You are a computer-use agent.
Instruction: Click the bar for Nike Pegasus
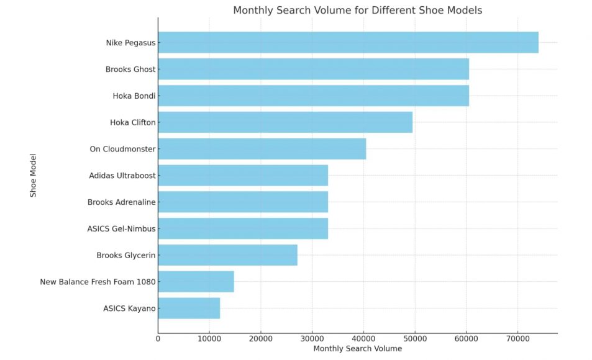[348, 43]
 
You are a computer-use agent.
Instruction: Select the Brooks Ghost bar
[313, 70]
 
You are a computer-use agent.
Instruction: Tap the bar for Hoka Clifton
[285, 122]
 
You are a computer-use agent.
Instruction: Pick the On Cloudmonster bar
[262, 149]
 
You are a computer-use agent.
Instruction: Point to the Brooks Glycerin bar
[227, 255]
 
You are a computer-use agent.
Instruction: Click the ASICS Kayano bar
[189, 308]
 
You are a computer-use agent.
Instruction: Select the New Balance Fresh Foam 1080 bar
[196, 282]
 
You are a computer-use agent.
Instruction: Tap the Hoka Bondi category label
[134, 96]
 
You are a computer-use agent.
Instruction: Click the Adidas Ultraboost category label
[122, 176]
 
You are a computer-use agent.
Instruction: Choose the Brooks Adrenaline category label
[122, 202]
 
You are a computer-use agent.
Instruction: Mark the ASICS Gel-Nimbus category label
[122, 229]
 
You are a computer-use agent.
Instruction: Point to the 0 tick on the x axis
[158, 338]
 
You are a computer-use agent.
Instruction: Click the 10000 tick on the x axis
[209, 338]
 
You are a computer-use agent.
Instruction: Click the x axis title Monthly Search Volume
[357, 349]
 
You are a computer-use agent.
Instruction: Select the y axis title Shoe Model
[34, 176]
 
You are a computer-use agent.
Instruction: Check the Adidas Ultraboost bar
[243, 176]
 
